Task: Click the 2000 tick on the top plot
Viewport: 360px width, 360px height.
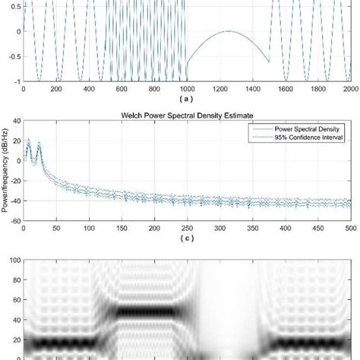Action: point(355,89)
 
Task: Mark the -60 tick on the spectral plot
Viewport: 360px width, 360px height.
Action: point(15,222)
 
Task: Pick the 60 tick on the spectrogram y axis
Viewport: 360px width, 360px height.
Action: point(15,299)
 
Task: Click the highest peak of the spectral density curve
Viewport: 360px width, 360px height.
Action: point(28,141)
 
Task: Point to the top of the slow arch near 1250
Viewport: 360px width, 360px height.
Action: point(231,31)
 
